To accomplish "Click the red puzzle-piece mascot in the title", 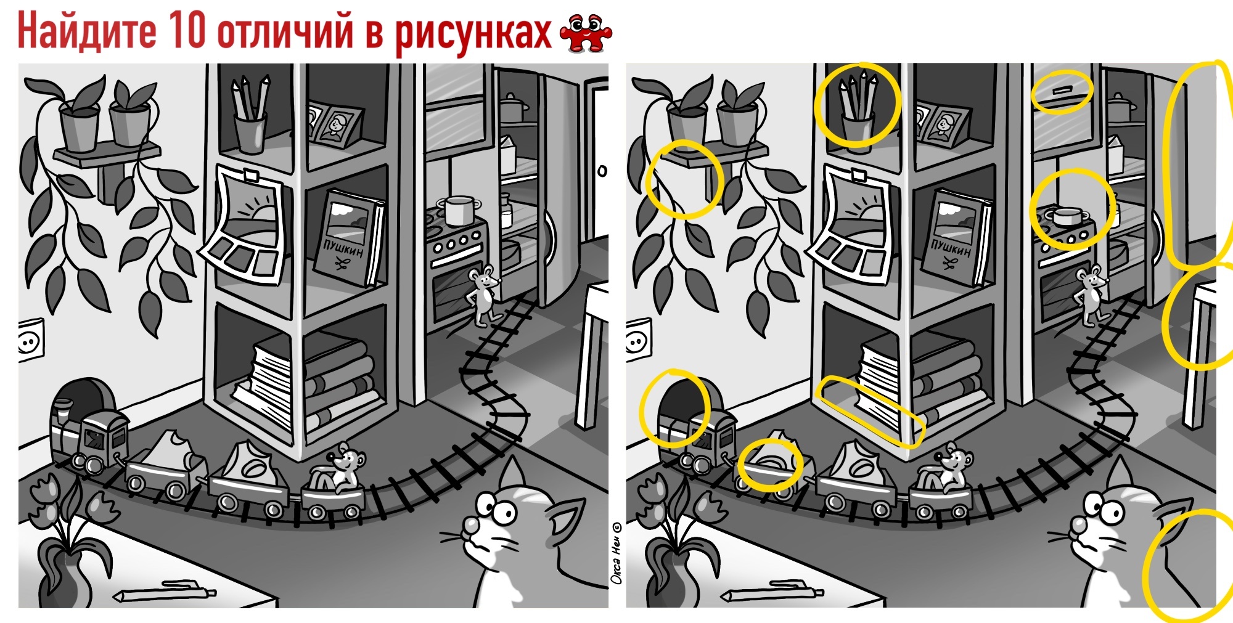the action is coord(586,33).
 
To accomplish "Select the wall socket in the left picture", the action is coord(31,339).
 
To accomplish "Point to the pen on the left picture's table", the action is coord(165,592).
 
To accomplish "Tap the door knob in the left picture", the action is coord(602,171).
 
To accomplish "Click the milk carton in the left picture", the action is coord(507,154).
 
